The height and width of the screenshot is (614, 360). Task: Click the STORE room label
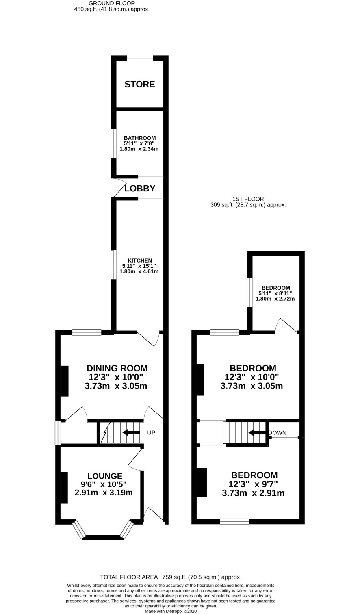click(x=139, y=84)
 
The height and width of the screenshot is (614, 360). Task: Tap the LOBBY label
click(x=140, y=188)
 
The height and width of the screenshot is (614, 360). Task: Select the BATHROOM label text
click(x=139, y=138)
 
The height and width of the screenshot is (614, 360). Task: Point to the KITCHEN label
click(x=139, y=260)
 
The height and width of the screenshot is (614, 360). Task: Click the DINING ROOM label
click(x=117, y=368)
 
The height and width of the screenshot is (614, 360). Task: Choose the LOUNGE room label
click(x=105, y=476)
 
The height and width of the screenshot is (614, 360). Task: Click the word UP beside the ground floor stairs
click(x=151, y=432)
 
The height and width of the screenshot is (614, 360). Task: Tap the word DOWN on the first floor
click(x=278, y=432)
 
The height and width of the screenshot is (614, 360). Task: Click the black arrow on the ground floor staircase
click(x=131, y=432)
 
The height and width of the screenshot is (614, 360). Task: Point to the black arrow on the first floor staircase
click(x=257, y=432)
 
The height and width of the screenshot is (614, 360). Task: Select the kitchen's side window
click(x=113, y=265)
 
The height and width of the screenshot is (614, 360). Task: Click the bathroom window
click(x=113, y=143)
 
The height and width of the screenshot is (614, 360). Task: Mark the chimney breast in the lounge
click(x=64, y=487)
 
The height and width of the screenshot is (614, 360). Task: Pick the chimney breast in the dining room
click(x=64, y=381)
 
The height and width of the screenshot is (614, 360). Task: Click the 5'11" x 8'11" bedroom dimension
click(x=275, y=293)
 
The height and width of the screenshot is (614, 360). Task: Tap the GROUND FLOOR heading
click(x=112, y=3)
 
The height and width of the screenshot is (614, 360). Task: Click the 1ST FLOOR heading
click(x=248, y=199)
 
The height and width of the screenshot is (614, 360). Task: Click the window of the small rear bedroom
click(x=250, y=293)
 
